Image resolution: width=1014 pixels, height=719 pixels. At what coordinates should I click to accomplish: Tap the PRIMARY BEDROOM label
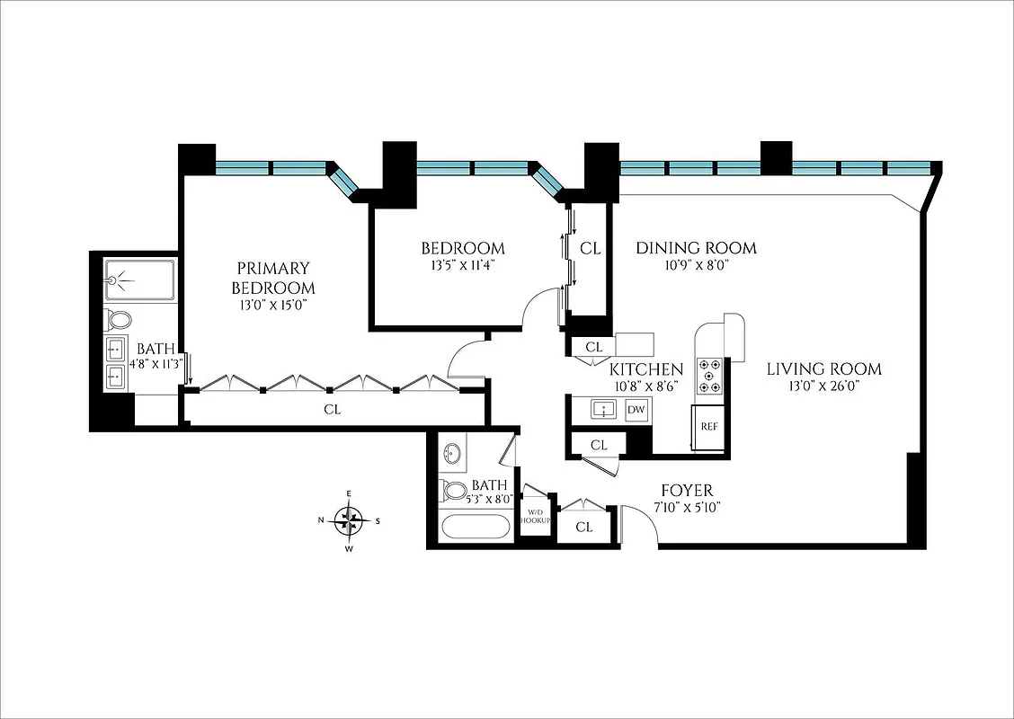(x=273, y=278)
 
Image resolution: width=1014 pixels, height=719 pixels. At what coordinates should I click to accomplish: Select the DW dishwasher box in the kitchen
(x=636, y=410)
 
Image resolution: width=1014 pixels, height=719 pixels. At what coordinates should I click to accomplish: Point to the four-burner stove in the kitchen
(x=711, y=377)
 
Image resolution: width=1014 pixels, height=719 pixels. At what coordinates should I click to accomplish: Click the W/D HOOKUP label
(x=536, y=518)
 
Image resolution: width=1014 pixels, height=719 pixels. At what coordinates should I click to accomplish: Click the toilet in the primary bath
(x=118, y=319)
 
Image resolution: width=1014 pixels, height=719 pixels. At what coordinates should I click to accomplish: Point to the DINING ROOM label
(x=696, y=248)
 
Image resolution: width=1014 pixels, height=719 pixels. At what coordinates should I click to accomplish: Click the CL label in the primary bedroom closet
(x=332, y=410)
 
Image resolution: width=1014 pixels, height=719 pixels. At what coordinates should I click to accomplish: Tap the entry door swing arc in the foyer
(x=640, y=523)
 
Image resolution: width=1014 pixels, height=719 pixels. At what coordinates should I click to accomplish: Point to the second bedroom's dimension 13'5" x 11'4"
(x=463, y=265)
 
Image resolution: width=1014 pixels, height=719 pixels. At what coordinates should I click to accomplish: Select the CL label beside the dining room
(x=590, y=248)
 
